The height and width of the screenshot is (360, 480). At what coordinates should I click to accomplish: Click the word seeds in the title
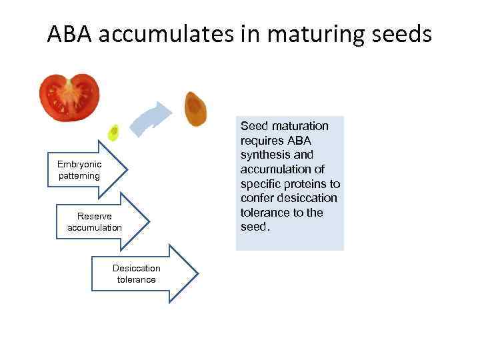(402, 34)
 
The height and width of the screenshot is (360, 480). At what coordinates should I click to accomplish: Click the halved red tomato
(69, 97)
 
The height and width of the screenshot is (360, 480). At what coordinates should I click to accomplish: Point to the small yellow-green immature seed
(114, 133)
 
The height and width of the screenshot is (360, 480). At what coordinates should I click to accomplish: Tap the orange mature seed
(195, 108)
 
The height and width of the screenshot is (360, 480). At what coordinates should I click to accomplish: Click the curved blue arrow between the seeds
(151, 120)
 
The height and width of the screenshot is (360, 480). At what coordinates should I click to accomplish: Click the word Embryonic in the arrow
(79, 165)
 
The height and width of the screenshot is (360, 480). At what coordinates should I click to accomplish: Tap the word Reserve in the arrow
(95, 217)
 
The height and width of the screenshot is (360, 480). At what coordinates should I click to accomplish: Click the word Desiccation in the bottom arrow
(137, 269)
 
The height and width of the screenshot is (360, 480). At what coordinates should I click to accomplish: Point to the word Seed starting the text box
(253, 126)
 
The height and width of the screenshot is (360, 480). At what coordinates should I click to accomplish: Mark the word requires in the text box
(261, 141)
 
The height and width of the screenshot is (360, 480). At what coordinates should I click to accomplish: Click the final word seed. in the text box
(255, 227)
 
